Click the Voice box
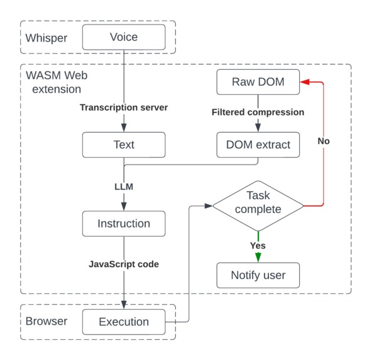(124, 37)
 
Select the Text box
(124, 145)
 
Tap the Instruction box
(124, 224)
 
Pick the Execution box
(124, 322)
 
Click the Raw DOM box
(258, 82)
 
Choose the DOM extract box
(258, 145)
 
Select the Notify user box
(258, 275)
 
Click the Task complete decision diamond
(258, 205)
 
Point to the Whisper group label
(46, 38)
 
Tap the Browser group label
(46, 322)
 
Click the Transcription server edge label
(124, 107)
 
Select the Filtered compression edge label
(258, 112)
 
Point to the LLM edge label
(124, 187)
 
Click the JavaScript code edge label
(124, 265)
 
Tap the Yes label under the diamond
(258, 246)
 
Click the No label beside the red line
(323, 141)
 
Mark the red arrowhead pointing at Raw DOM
(304, 82)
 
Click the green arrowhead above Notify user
(258, 258)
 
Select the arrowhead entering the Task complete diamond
(209, 205)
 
